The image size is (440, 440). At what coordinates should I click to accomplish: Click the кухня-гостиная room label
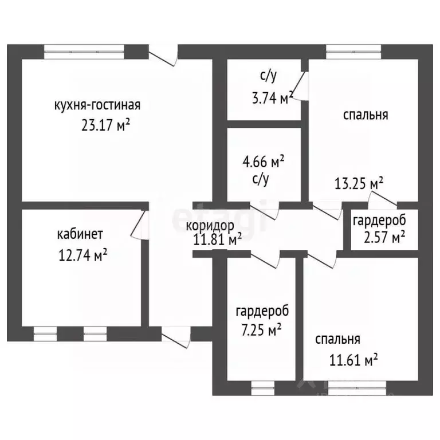coord(97,105)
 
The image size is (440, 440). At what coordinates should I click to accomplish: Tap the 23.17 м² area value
coord(105,125)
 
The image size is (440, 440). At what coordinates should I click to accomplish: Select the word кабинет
coord(80,234)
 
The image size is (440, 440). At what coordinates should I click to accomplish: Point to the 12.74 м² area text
coord(82,255)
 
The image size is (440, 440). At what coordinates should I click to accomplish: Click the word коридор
coord(210,226)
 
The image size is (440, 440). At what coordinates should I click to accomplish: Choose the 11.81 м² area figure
coord(218,239)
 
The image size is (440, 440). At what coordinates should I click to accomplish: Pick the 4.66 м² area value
coord(263,162)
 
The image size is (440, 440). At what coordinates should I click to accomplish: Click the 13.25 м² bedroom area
coord(359,183)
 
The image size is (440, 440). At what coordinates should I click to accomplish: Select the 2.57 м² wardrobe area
coord(384,237)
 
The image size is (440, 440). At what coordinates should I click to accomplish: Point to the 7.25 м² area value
coord(261,329)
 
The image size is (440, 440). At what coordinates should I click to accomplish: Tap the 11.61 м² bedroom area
coord(353,360)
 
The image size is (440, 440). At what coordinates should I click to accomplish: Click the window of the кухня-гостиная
coord(84,52)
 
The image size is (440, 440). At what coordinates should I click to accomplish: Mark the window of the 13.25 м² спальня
coord(353,52)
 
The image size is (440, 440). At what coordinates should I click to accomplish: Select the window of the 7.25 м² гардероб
coord(262,388)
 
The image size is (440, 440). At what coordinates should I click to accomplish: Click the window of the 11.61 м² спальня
coord(357,388)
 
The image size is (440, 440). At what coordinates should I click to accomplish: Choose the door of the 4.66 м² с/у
coord(264,211)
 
